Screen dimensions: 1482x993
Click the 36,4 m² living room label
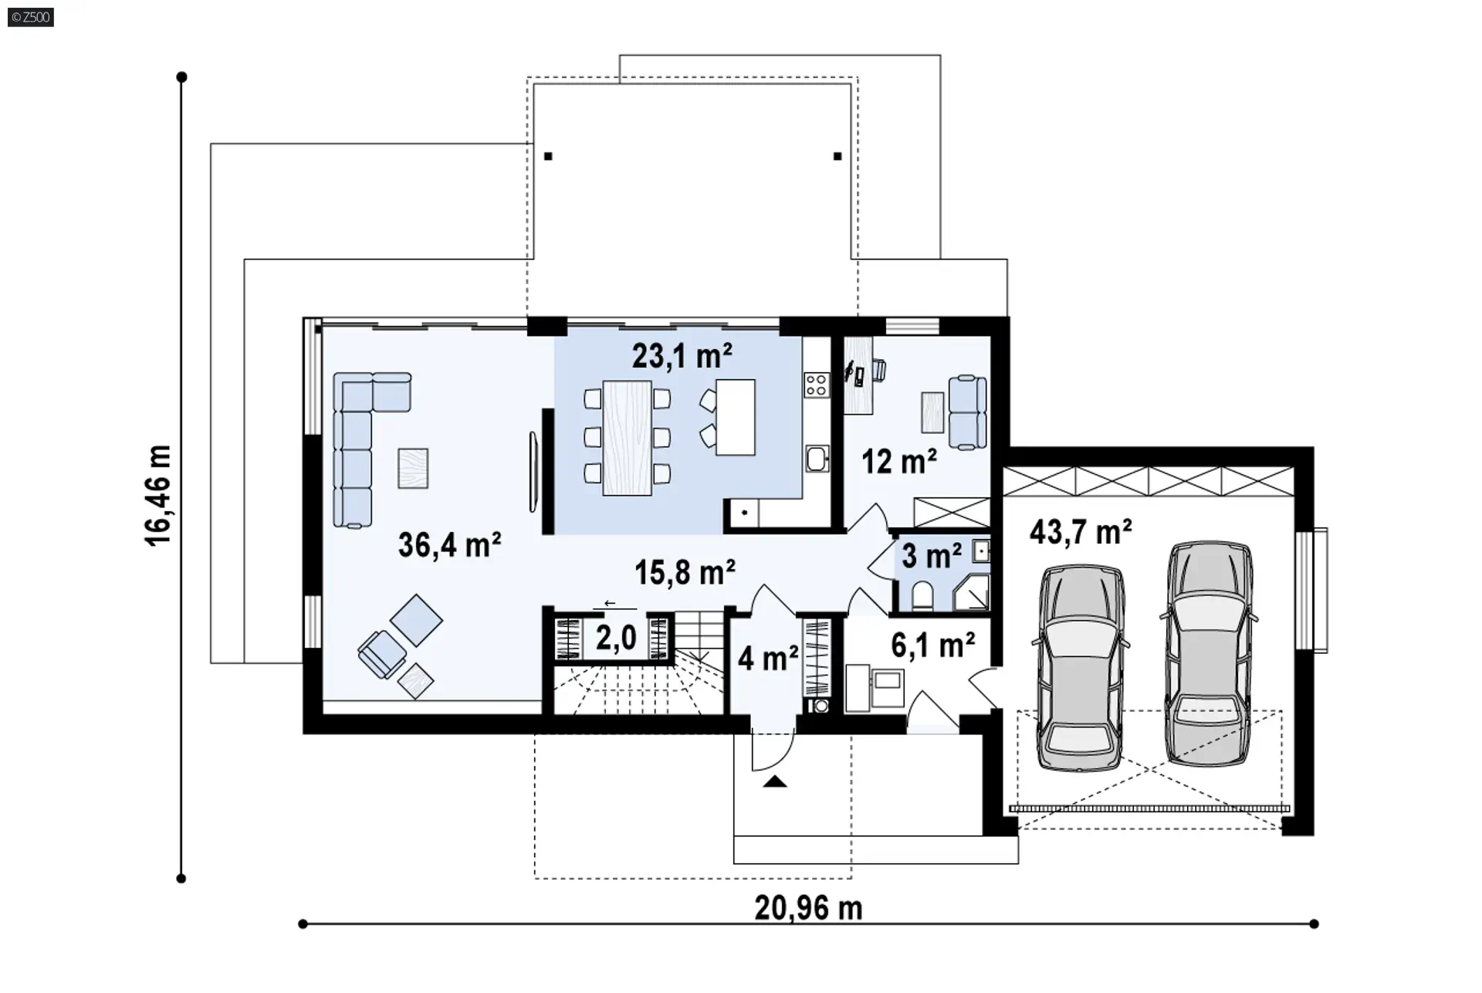pyautogui.click(x=449, y=545)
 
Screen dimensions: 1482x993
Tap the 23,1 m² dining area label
pyautogui.click(x=682, y=356)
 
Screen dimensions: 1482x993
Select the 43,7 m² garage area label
pyautogui.click(x=1081, y=532)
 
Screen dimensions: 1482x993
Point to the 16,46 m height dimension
pyautogui.click(x=158, y=495)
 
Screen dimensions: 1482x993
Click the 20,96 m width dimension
pyautogui.click(x=808, y=909)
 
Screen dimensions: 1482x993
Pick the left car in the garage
pyautogui.click(x=1081, y=668)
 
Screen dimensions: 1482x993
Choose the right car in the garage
pyautogui.click(x=1209, y=653)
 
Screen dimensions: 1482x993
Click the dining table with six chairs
pyautogui.click(x=627, y=436)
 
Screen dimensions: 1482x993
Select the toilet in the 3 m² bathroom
pyautogui.click(x=922, y=595)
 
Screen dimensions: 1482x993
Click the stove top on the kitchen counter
pyautogui.click(x=816, y=385)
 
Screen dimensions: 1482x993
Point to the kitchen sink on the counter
pyautogui.click(x=817, y=459)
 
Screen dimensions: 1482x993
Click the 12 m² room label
pyautogui.click(x=899, y=462)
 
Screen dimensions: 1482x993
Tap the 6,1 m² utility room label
pyautogui.click(x=932, y=645)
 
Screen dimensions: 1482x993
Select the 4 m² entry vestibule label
pyautogui.click(x=768, y=659)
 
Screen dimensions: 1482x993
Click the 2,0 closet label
pyautogui.click(x=616, y=639)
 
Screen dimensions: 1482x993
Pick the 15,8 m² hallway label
pyautogui.click(x=685, y=572)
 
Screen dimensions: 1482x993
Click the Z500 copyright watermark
pyautogui.click(x=31, y=16)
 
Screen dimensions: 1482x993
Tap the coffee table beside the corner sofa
pyautogui.click(x=413, y=468)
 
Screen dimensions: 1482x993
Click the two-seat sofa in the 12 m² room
pyautogui.click(x=967, y=412)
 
